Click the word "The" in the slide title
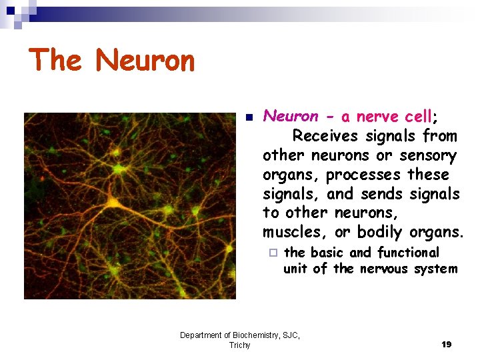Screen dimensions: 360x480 [x=55, y=60]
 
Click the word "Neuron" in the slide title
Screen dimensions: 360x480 [x=145, y=61]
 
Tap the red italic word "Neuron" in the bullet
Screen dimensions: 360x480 [x=291, y=117]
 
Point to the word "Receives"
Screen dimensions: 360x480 [x=325, y=136]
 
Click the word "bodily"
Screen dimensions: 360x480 [x=380, y=233]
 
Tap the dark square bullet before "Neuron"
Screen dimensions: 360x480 [x=248, y=117]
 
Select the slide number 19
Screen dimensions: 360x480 [x=446, y=345]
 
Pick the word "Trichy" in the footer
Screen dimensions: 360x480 [x=239, y=345]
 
